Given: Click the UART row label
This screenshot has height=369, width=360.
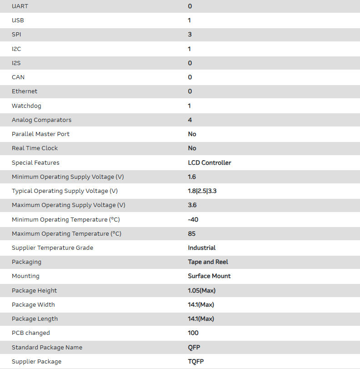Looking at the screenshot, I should pos(20,6).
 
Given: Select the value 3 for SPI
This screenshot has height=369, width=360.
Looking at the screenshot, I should pos(190,35).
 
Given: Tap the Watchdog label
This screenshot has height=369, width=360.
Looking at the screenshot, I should pos(26,106).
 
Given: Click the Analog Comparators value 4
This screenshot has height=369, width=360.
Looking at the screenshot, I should pos(190,120).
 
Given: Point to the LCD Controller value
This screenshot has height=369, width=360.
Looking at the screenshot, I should pos(209,163).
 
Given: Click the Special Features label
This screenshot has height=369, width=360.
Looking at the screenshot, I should pos(35,163).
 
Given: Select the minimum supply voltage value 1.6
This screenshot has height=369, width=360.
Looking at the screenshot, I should pos(192,177).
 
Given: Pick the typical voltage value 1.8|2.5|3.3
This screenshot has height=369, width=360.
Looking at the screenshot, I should pos(202,191).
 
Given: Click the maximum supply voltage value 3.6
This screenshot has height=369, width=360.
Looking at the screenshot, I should pos(192,205).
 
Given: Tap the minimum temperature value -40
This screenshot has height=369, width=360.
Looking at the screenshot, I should pos(193,220).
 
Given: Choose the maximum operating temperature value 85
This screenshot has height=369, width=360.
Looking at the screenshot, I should pos(191,234).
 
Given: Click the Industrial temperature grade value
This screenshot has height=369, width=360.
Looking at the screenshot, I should pos(201,248).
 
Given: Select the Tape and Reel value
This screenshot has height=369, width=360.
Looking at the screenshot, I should pos(208,262).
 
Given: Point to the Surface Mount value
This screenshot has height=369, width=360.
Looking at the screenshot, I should pos(209,276).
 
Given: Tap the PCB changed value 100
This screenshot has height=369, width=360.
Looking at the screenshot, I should pos(193,333).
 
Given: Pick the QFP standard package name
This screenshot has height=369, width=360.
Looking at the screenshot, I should pos(194,348).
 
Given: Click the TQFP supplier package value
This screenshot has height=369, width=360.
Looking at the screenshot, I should pos(196,362).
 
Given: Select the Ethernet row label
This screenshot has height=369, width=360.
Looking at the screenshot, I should pos(25,91).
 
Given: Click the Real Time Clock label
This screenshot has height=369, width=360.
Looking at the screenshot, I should pos(35,148).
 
